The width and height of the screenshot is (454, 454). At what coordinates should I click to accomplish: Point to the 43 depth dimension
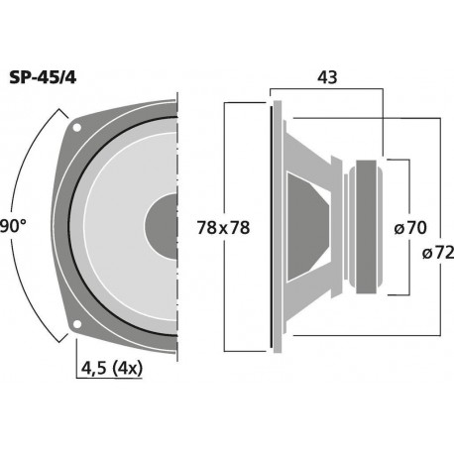326,75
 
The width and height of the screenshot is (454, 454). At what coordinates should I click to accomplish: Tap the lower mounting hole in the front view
75,324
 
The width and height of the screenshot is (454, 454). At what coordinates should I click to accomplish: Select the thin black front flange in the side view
273,225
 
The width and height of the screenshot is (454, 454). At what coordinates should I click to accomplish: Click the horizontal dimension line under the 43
326,90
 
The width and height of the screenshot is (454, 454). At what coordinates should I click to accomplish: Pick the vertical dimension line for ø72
436,178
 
